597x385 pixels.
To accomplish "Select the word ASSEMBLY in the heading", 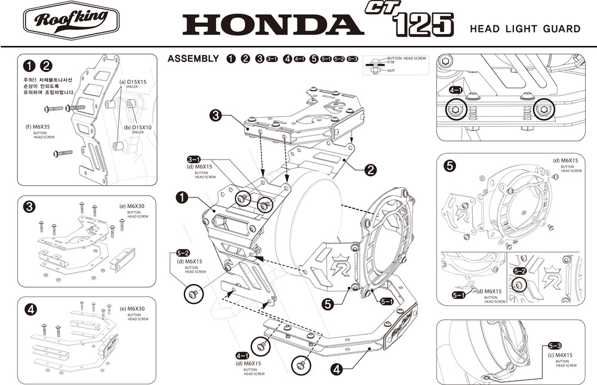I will [x=193, y=59].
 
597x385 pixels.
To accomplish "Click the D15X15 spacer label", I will [x=134, y=81].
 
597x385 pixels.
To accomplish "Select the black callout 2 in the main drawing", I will [x=370, y=170].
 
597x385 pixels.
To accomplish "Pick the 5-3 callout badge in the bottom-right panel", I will [x=554, y=346].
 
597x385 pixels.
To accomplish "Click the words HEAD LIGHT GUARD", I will [x=525, y=29].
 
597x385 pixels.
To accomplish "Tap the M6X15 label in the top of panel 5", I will [x=565, y=160].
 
